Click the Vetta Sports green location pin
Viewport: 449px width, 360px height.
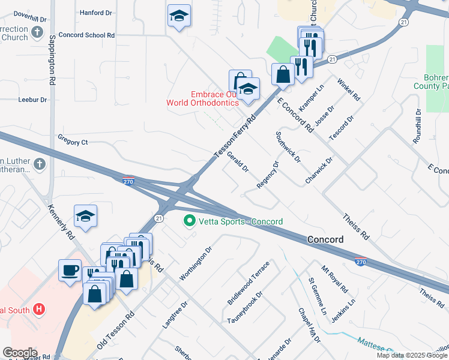190,221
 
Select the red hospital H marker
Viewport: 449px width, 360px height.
39,310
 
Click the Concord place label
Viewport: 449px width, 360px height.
325,239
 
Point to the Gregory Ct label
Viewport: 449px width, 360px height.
73,142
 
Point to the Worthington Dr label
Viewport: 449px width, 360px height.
196,262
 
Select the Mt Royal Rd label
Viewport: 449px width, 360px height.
334,278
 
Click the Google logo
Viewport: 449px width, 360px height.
19,353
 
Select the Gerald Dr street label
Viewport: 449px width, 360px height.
238,161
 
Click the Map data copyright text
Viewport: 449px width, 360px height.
412,355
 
